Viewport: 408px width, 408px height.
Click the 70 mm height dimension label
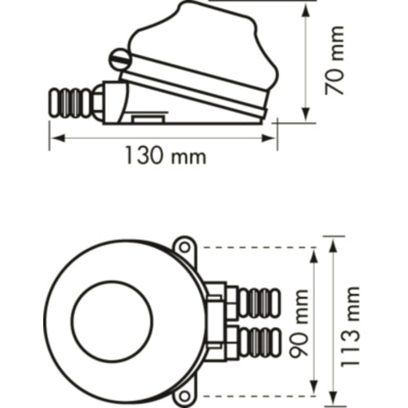(335, 60)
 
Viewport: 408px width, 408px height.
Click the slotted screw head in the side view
(120, 60)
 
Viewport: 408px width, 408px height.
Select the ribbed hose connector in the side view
(71, 103)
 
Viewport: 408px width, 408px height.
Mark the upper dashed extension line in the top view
(253, 247)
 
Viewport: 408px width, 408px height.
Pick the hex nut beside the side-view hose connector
(98, 100)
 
